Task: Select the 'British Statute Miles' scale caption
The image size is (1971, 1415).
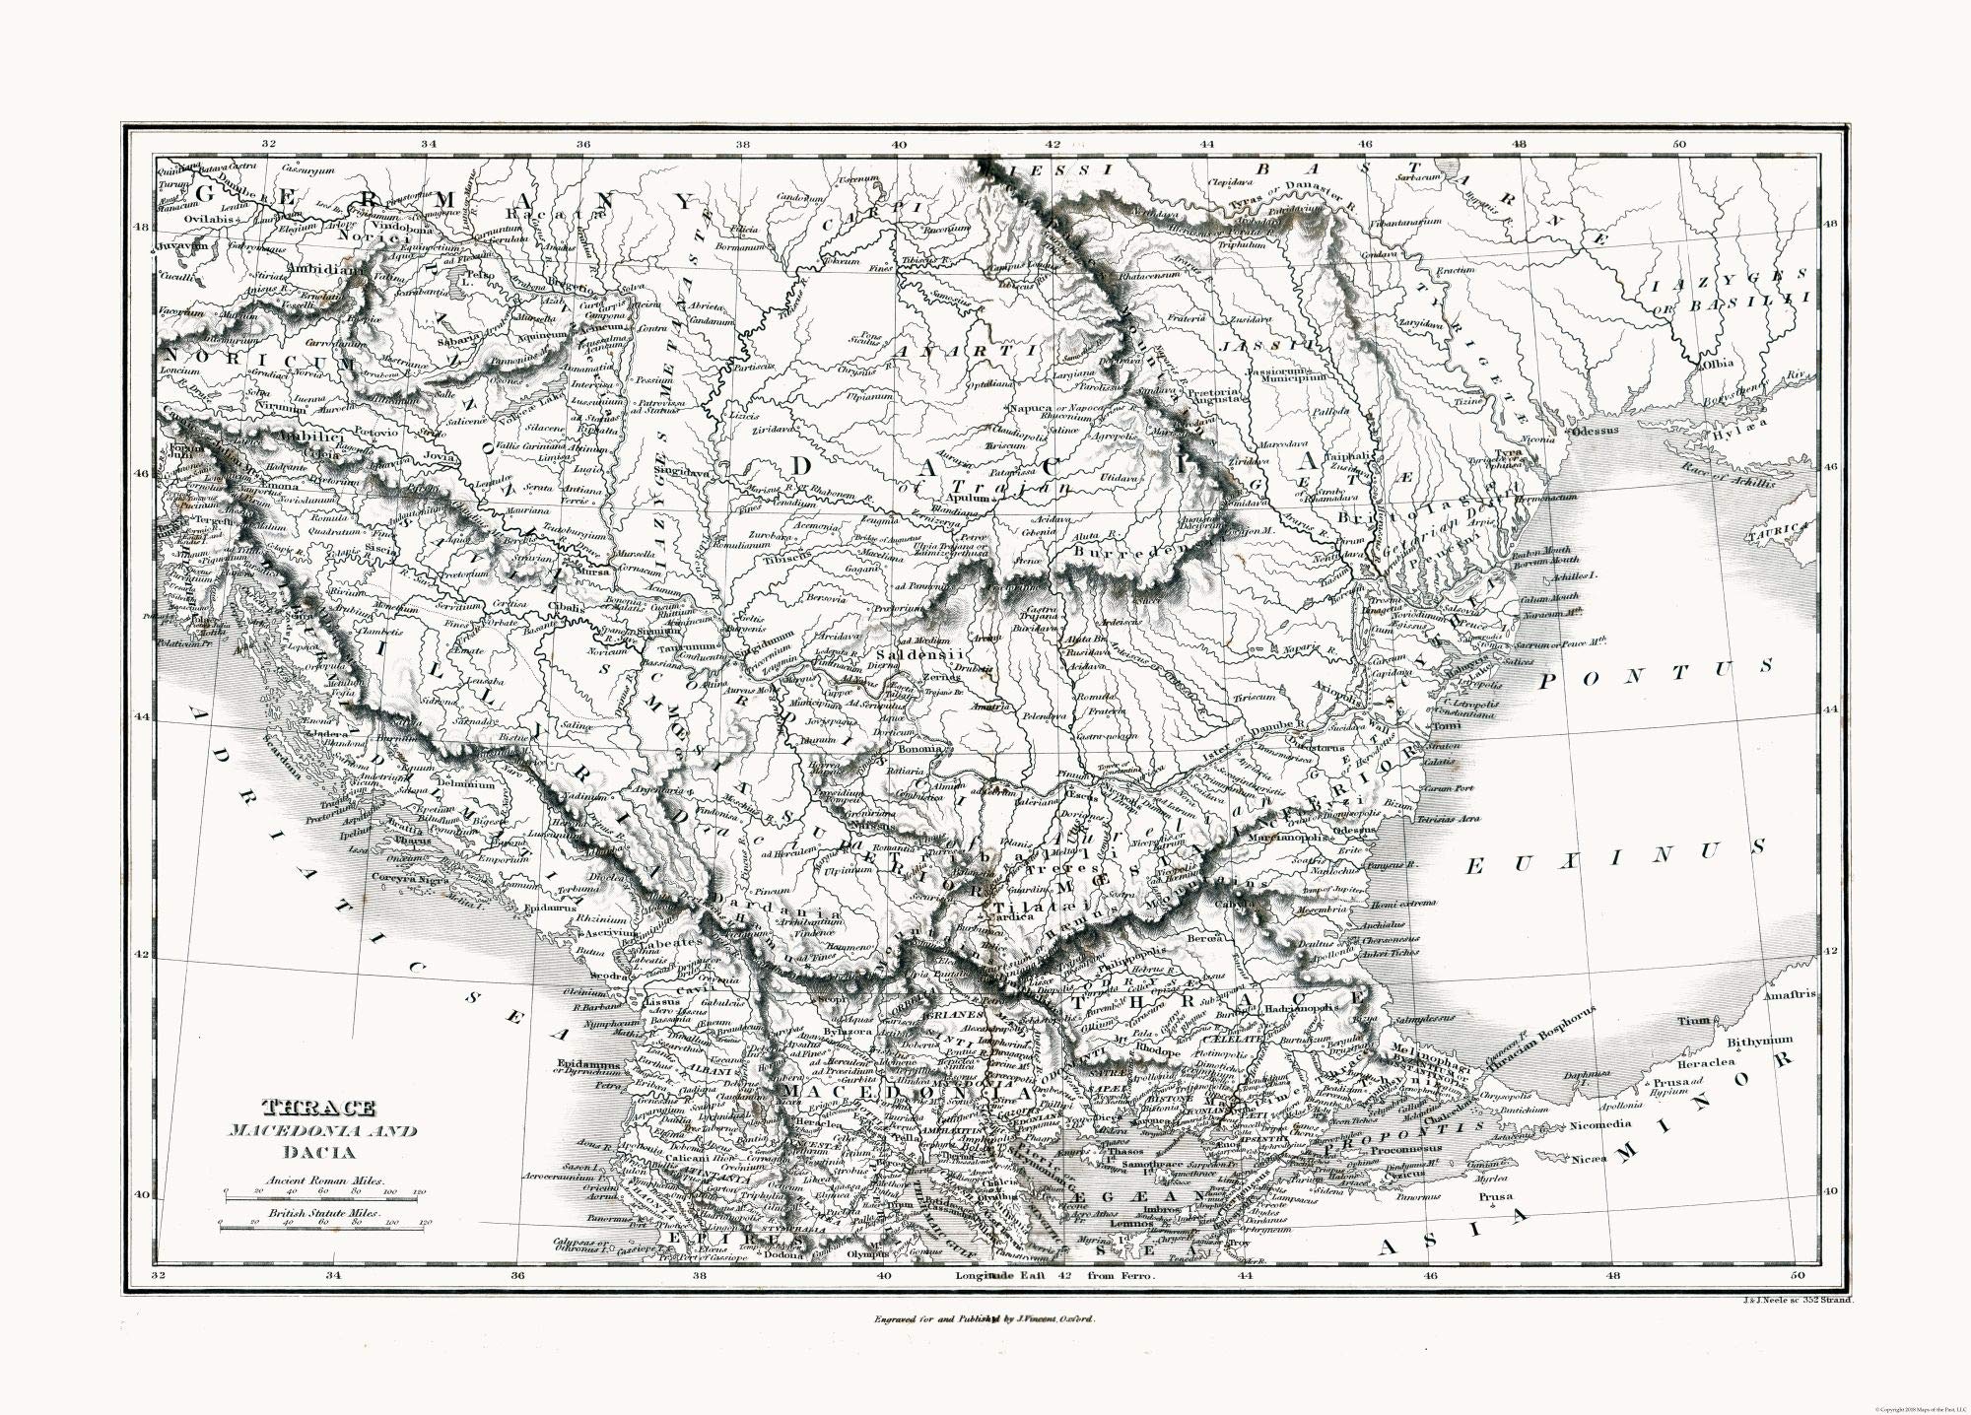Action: [322, 1217]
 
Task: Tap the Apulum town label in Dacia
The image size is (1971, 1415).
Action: [965, 500]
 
